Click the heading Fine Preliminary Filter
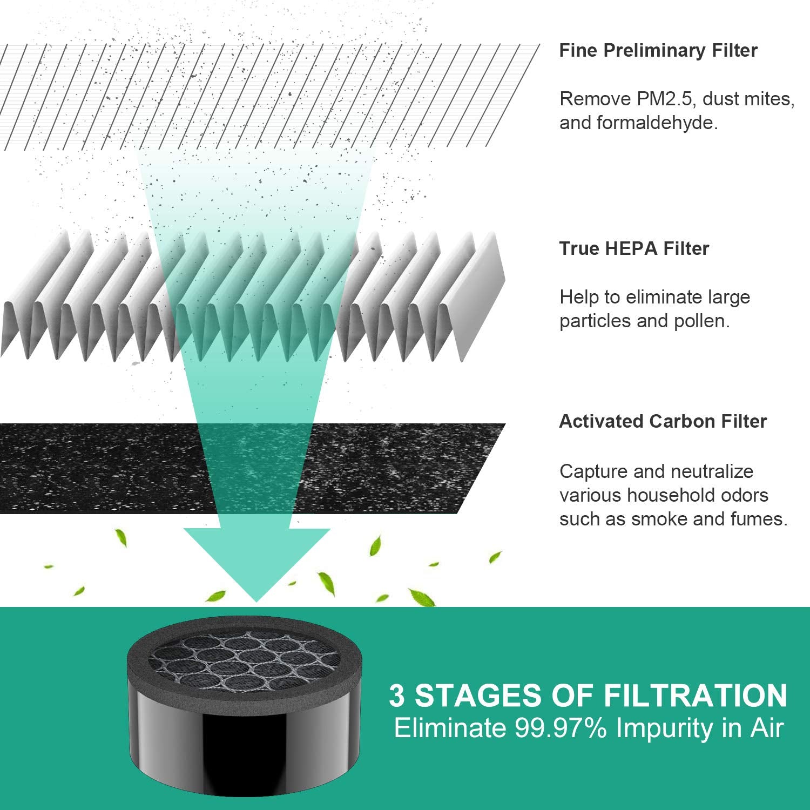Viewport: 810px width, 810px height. tap(658, 50)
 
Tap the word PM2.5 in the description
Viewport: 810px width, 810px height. tap(658, 99)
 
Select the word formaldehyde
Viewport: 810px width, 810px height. tap(657, 123)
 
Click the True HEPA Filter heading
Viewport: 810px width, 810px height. tap(634, 248)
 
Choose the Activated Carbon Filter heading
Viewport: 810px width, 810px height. tap(663, 421)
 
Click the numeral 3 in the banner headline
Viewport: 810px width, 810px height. tap(396, 696)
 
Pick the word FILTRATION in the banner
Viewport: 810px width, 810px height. tap(696, 696)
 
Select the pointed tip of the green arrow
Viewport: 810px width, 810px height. tap(256, 602)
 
